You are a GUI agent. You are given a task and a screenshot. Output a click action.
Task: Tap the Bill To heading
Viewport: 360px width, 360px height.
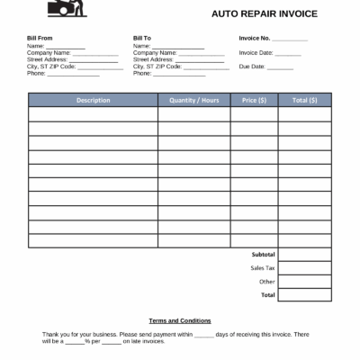click(141, 39)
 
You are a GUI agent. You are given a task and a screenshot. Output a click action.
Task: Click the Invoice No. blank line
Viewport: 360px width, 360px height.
click(289, 40)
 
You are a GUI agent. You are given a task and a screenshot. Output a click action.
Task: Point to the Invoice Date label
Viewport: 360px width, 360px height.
click(256, 53)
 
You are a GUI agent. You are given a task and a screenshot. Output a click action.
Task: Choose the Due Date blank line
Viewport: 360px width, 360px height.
click(280, 67)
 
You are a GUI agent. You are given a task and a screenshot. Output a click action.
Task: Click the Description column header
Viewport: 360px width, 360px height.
click(93, 100)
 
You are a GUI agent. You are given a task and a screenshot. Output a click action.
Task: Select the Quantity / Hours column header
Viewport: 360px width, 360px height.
click(193, 100)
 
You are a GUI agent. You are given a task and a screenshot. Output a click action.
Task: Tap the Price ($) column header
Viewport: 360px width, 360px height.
click(254, 100)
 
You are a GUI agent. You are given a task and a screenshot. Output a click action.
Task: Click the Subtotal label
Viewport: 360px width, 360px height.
click(263, 255)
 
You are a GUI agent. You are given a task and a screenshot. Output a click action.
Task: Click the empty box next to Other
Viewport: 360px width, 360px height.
click(304, 282)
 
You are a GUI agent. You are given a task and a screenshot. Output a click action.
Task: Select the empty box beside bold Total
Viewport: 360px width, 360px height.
click(304, 295)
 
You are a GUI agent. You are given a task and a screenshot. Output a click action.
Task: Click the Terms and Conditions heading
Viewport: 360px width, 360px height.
click(180, 320)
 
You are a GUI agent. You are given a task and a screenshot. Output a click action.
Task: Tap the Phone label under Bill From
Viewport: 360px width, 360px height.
click(36, 73)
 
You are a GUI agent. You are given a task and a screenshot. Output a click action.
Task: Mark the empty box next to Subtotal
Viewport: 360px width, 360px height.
click(304, 255)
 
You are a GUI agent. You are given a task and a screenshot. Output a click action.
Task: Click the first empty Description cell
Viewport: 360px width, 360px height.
click(93, 114)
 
